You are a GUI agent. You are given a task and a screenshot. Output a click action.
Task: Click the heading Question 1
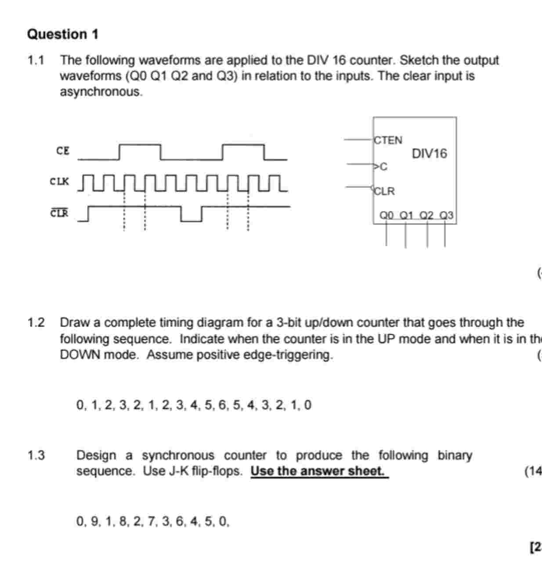pyautogui.click(x=63, y=34)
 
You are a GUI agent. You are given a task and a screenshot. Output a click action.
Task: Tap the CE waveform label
pyautogui.click(x=63, y=151)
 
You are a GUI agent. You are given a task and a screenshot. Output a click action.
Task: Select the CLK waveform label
pyautogui.click(x=59, y=181)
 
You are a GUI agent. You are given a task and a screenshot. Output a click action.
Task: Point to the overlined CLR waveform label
pyautogui.click(x=59, y=213)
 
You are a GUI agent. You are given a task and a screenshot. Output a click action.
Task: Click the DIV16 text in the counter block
pyautogui.click(x=429, y=154)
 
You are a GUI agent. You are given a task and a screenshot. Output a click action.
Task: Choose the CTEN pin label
pyautogui.click(x=388, y=140)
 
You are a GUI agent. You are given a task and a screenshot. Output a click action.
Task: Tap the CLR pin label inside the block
pyautogui.click(x=385, y=192)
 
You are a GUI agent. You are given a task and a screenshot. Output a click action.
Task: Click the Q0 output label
pyautogui.click(x=387, y=215)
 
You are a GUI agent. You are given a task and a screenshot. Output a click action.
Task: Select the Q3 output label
pyautogui.click(x=447, y=215)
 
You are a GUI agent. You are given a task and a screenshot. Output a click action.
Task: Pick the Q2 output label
pyautogui.click(x=426, y=215)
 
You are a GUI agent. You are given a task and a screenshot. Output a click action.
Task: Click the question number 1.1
pyautogui.click(x=36, y=60)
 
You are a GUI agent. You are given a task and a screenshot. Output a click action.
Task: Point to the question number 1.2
pyautogui.click(x=36, y=323)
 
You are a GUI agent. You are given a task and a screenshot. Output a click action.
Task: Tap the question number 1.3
pyautogui.click(x=36, y=455)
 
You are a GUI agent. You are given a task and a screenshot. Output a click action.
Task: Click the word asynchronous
pyautogui.click(x=101, y=92)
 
